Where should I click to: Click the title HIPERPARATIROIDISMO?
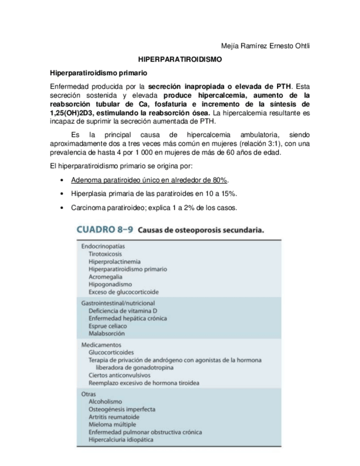(180, 59)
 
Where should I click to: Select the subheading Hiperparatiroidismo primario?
(99, 73)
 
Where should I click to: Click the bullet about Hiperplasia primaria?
(154, 194)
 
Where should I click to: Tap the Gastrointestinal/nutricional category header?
(118, 303)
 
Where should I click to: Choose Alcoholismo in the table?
(106, 402)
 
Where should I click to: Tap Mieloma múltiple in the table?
(113, 424)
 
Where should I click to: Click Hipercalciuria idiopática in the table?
(121, 439)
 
